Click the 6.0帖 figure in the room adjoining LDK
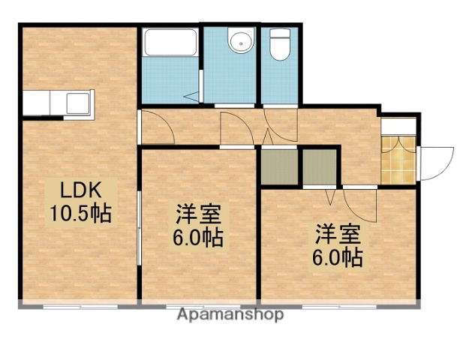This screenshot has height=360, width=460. tap(198, 239)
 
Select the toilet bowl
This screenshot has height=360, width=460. tap(280, 45)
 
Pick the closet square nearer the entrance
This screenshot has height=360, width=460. tap(320, 167)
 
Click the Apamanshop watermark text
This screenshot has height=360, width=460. tap(230, 315)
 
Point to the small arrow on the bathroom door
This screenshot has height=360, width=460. tap(191, 95)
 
